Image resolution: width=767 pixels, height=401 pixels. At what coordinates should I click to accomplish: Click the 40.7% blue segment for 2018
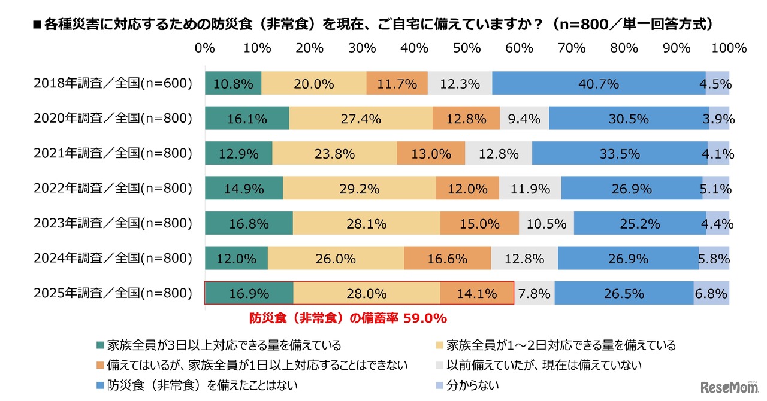[598, 84]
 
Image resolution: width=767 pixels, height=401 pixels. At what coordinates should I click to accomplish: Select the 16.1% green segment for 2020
[247, 119]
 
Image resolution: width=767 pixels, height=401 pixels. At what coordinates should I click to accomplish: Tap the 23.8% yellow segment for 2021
[334, 154]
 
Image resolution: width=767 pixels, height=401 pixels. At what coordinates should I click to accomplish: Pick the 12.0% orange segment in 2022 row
[467, 189]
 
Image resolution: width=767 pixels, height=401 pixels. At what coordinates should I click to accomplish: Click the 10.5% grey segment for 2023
[546, 224]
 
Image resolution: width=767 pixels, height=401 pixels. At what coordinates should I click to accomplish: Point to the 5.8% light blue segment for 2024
[714, 259]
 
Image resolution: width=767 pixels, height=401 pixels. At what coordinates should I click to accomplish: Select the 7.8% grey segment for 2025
[534, 294]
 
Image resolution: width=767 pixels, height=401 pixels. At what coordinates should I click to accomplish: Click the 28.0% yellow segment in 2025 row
[367, 294]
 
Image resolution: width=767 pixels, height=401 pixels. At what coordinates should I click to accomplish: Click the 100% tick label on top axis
[729, 48]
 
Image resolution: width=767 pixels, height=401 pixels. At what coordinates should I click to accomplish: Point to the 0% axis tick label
[205, 48]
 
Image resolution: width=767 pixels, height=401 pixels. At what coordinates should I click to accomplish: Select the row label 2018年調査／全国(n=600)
[113, 84]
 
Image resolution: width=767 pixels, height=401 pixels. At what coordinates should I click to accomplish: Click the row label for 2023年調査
[113, 224]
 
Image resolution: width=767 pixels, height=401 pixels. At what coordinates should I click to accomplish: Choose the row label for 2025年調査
[113, 294]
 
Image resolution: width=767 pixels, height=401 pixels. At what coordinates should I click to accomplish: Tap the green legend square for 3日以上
[101, 345]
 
